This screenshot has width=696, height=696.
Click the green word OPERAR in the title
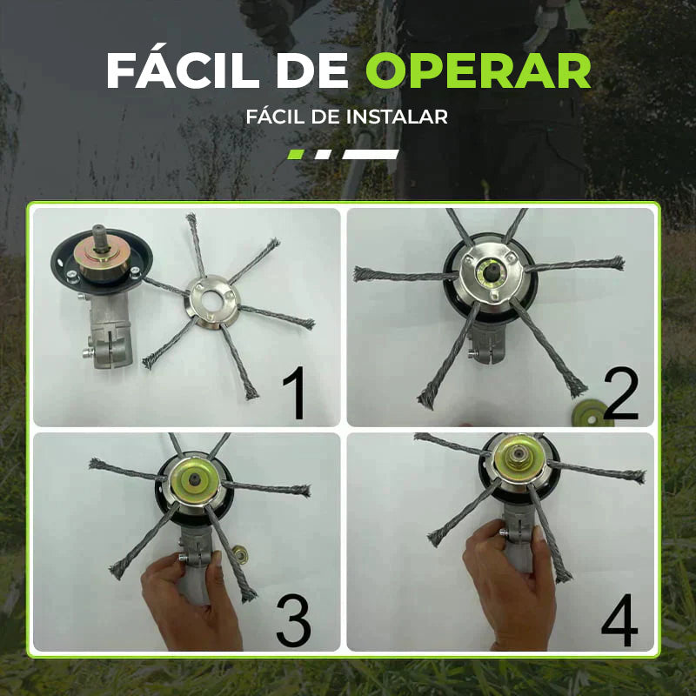click(478, 71)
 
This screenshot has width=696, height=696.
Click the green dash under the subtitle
click(296, 154)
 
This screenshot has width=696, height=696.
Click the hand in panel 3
click(187, 600)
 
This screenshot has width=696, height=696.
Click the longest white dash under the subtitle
click(371, 154)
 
